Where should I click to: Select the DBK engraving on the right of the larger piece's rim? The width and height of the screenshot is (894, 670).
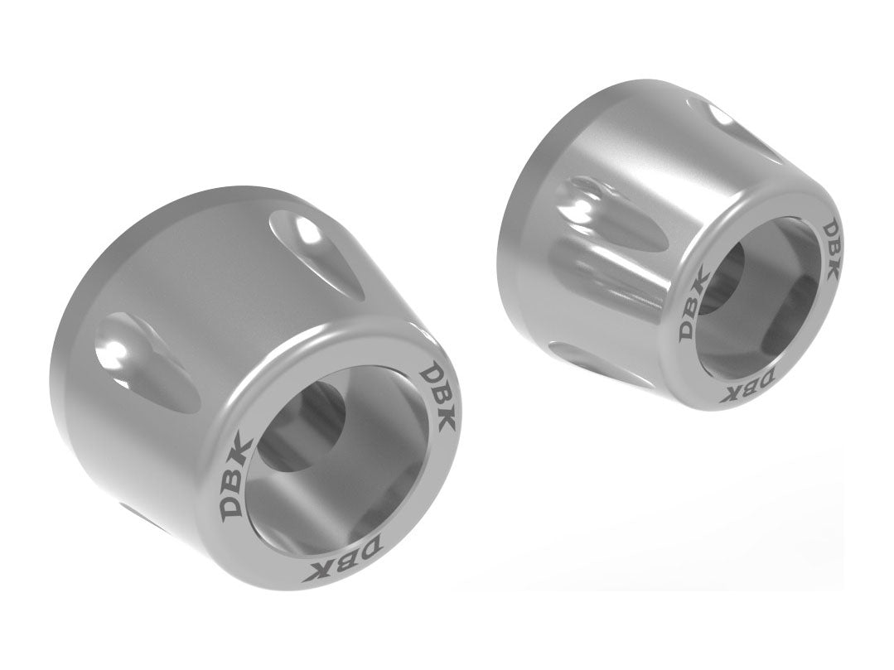click(437, 395)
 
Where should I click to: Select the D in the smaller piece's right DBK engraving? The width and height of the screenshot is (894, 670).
click(829, 228)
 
